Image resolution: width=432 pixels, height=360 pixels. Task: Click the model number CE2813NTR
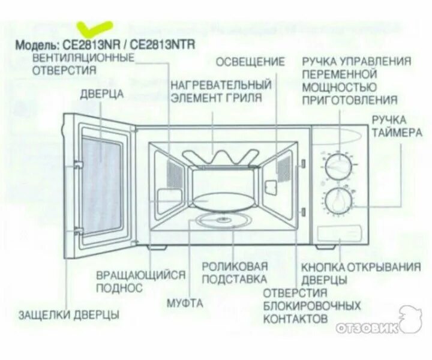click(163, 45)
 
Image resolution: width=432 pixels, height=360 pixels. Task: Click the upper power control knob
click(338, 166)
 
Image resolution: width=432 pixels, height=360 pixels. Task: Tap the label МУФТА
click(185, 303)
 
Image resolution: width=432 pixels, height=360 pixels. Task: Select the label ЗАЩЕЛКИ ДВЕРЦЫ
click(68, 314)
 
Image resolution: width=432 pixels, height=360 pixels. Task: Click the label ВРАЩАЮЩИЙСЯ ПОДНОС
click(140, 281)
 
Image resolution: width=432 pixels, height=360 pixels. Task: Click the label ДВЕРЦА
click(102, 94)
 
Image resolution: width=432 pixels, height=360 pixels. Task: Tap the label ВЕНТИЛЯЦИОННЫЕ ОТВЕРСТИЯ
click(82, 64)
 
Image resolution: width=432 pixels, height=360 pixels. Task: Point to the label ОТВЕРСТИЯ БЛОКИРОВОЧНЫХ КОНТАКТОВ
click(311, 305)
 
